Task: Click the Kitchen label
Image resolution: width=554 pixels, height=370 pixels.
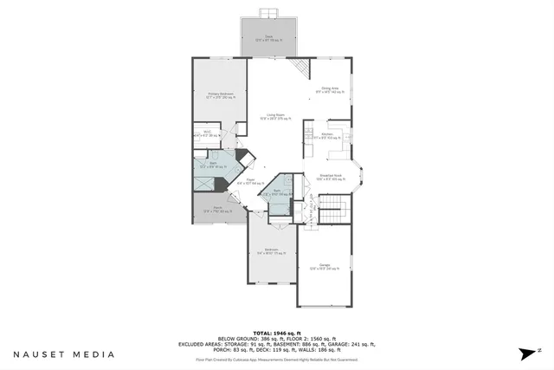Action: click(x=328, y=135)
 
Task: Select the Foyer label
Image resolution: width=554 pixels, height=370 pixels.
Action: click(x=249, y=182)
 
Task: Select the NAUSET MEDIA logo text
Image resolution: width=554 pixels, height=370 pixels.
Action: click(x=63, y=354)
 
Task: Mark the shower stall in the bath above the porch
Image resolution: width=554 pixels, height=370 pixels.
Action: click(x=202, y=183)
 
